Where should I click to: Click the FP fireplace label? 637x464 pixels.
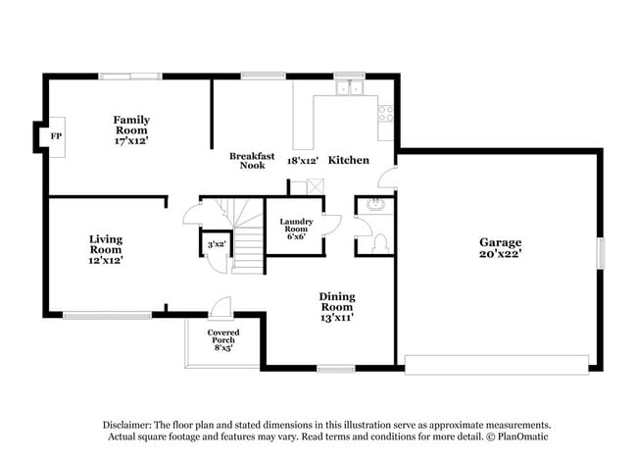pyautogui.click(x=56, y=135)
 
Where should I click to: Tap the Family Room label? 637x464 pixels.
pyautogui.click(x=130, y=129)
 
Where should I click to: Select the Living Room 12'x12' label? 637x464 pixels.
pyautogui.click(x=106, y=249)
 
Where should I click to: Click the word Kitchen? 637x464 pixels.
pyautogui.click(x=348, y=159)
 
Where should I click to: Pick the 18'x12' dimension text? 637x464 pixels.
pyautogui.click(x=303, y=159)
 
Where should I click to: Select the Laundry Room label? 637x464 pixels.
pyautogui.click(x=295, y=227)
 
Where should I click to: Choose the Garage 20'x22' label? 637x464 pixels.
pyautogui.click(x=500, y=248)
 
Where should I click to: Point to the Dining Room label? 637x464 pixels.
pyautogui.click(x=336, y=306)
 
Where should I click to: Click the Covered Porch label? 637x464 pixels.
pyautogui.click(x=222, y=338)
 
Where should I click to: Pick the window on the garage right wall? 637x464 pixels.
pyautogui.click(x=602, y=251)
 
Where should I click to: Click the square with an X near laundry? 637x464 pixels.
pyautogui.click(x=315, y=186)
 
